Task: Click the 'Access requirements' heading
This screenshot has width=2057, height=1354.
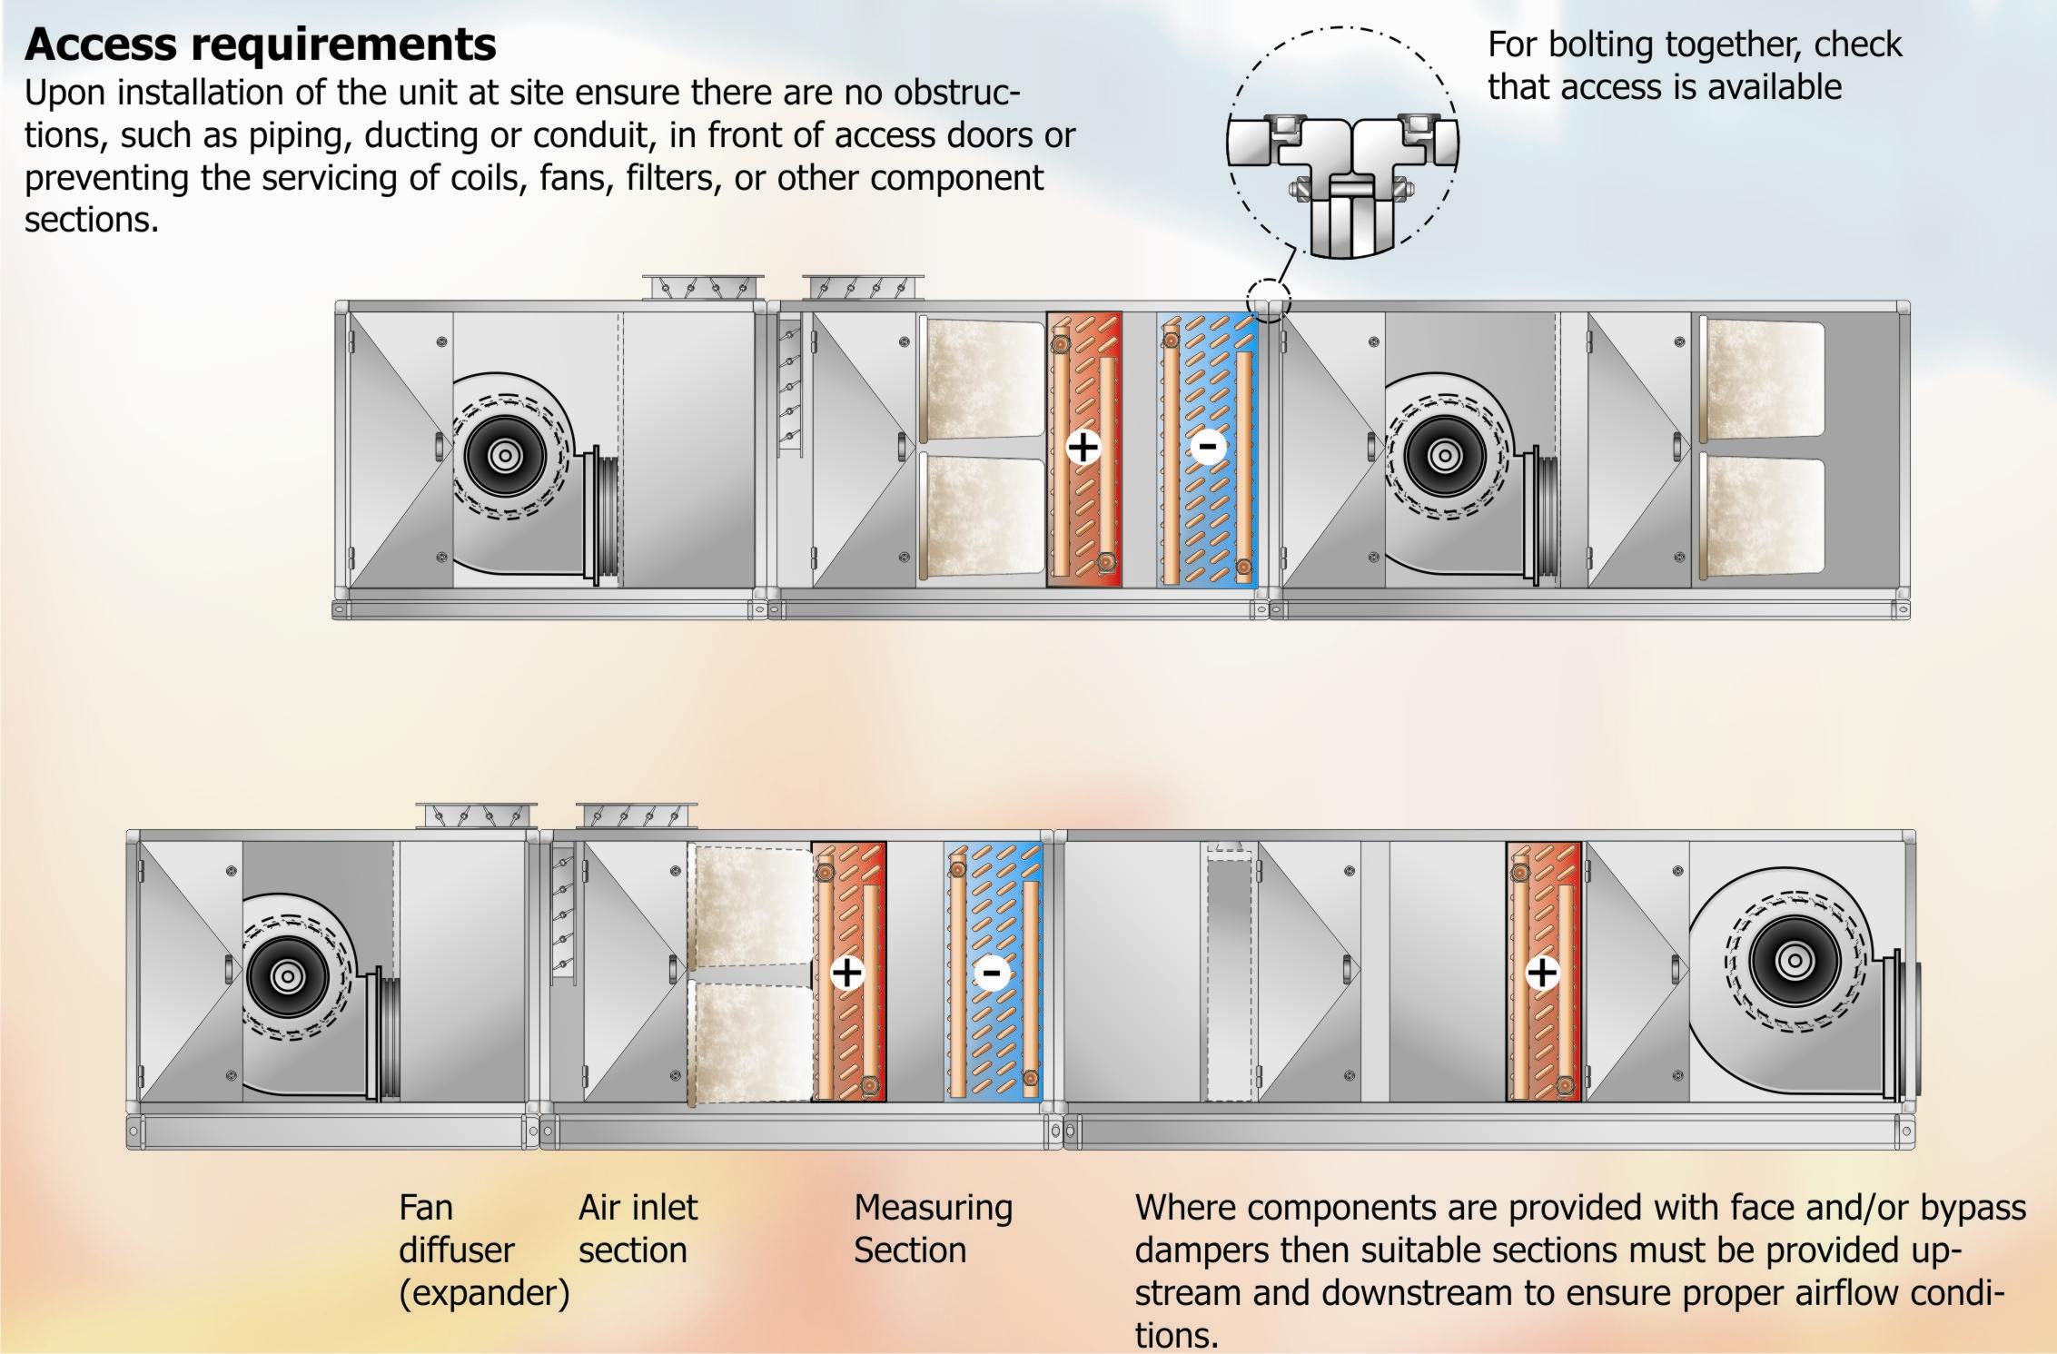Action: coord(261,44)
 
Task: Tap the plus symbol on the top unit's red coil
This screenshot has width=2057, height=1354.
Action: coord(1083,447)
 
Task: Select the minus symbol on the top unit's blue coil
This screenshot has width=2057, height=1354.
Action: coord(1208,447)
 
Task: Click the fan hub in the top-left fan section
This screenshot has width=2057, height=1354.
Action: coord(505,456)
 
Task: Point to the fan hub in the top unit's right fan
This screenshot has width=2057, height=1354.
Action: coord(1444,456)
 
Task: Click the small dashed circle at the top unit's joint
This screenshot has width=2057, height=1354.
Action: coord(1269,299)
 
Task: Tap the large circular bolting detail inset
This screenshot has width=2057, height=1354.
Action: coord(1342,143)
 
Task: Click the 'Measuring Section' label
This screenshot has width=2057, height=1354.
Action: coord(932,1229)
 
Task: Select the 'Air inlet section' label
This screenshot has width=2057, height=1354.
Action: coord(638,1229)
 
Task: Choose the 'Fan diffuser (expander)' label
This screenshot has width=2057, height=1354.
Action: coord(483,1250)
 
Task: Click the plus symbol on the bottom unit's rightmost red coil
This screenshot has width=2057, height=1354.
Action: coord(1541,973)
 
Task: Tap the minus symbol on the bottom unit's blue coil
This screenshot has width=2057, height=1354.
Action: coord(991,973)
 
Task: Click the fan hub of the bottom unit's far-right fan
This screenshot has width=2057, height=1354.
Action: coord(1794,961)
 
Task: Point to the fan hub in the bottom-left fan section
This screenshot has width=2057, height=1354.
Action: coord(288,977)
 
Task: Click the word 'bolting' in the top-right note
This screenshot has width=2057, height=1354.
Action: coord(1602,44)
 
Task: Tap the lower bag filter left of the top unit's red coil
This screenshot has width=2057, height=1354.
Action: coord(983,516)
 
